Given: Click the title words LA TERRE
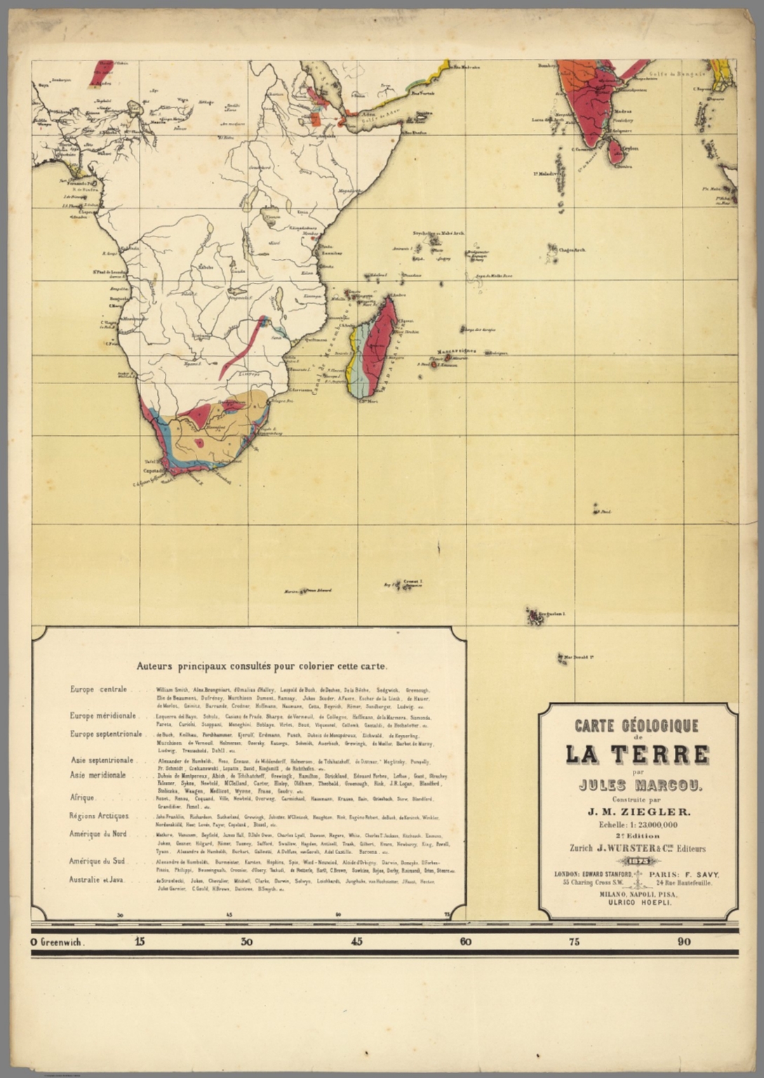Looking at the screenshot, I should [x=637, y=755].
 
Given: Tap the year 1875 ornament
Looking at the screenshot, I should [x=638, y=861].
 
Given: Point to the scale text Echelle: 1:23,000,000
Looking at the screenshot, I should [x=638, y=825].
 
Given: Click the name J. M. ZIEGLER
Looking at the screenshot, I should [x=638, y=811].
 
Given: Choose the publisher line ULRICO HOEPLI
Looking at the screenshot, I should [x=638, y=903].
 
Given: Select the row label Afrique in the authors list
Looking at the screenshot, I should [x=82, y=798].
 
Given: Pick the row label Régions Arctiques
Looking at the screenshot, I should [x=98, y=816].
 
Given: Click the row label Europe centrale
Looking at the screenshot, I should [x=98, y=689].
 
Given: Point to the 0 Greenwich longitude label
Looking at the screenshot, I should [x=58, y=942].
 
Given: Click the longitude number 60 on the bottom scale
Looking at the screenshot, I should [x=465, y=942].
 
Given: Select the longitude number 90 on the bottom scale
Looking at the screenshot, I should [x=683, y=942].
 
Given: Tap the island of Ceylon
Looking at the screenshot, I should [x=615, y=150].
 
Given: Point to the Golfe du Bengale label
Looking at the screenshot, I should [x=672, y=74].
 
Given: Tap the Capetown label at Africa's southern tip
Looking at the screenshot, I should [x=155, y=470].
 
